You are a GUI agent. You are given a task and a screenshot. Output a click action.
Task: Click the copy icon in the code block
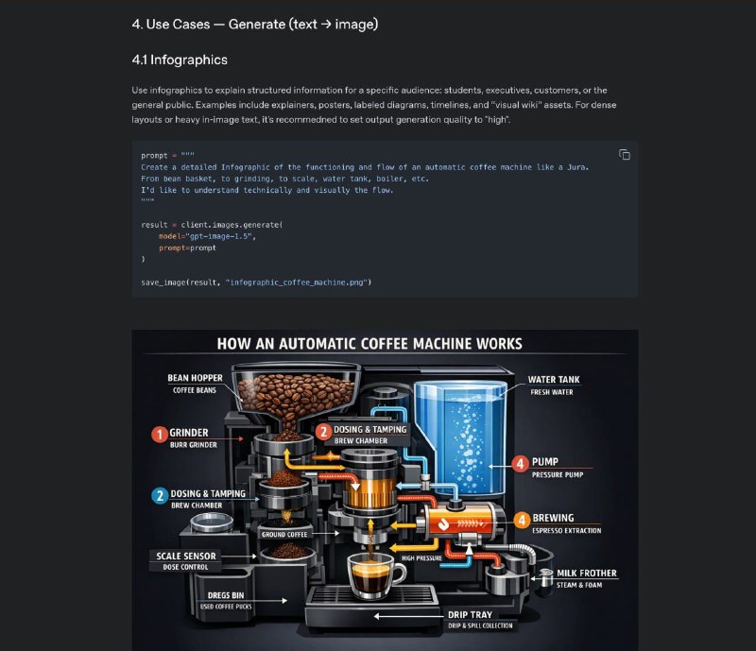pos(624,155)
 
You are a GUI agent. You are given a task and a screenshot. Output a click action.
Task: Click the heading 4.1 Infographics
pos(180,60)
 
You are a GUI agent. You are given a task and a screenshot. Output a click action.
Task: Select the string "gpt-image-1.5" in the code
pos(220,236)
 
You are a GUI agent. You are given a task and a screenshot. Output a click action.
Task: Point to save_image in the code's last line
pos(163,282)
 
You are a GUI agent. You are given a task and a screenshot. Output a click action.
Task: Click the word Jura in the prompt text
pos(576,166)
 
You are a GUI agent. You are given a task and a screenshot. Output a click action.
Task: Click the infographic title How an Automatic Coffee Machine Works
pos(369,344)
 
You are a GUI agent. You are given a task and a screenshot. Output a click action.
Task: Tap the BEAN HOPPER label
pos(195,378)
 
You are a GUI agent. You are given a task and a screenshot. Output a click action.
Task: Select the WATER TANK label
pos(554,380)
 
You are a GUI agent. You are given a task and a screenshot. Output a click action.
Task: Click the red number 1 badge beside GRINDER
pos(159,434)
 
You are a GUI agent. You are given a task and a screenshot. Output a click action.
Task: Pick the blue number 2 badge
pos(159,494)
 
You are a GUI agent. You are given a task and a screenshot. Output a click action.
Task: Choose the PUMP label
pos(545,462)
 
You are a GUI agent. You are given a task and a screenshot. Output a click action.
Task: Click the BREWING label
pos(553,518)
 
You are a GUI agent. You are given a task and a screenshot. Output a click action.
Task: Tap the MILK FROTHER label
pos(586,573)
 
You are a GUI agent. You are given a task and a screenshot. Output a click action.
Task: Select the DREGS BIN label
pos(225,595)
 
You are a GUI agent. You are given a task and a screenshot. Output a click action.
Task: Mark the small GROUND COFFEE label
pos(284,535)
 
